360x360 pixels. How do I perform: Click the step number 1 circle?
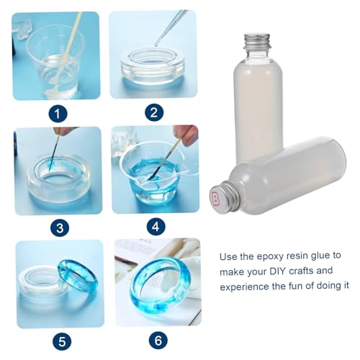pyautogui.click(x=58, y=114)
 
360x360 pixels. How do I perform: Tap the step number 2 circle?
pyautogui.click(x=154, y=112)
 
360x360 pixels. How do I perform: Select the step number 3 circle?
pyautogui.click(x=60, y=228)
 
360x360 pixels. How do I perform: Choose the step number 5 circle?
pyautogui.click(x=62, y=341)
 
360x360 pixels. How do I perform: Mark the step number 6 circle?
pyautogui.click(x=158, y=341)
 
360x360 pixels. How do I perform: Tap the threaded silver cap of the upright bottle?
pyautogui.click(x=258, y=41)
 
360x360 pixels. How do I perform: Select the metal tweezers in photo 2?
pyautogui.click(x=171, y=27)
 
